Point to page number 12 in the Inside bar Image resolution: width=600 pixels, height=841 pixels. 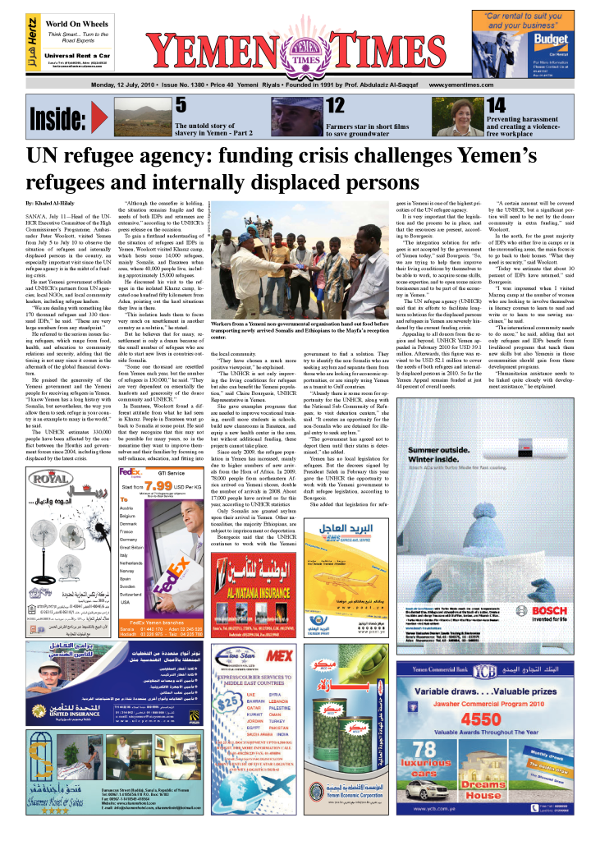coord(335,104)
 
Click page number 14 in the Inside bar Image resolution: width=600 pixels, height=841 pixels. coord(496,104)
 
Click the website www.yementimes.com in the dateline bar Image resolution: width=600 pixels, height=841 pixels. coord(460,85)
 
